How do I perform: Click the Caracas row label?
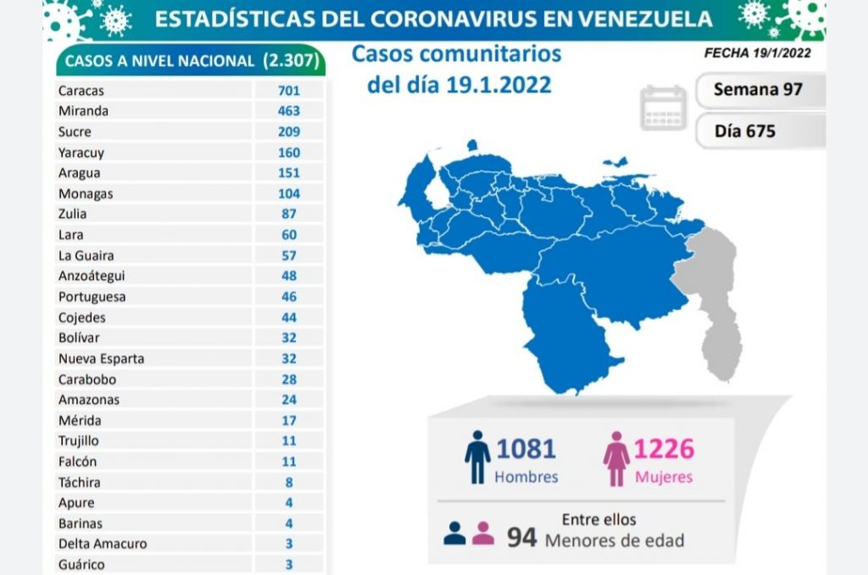81,90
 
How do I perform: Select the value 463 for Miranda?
288,110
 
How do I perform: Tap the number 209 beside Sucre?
288,131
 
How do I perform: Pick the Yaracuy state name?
81,153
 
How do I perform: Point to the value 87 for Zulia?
288,214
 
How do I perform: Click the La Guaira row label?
86,255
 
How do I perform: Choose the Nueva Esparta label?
101,358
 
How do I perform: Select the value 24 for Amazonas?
288,399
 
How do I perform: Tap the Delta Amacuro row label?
103,544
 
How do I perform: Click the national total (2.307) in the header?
292,61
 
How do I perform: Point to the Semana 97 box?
759,89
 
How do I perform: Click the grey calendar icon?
664,108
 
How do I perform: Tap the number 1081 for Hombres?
526,449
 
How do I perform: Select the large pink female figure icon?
615,458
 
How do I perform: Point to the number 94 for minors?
521,537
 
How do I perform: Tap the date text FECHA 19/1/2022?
757,53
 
